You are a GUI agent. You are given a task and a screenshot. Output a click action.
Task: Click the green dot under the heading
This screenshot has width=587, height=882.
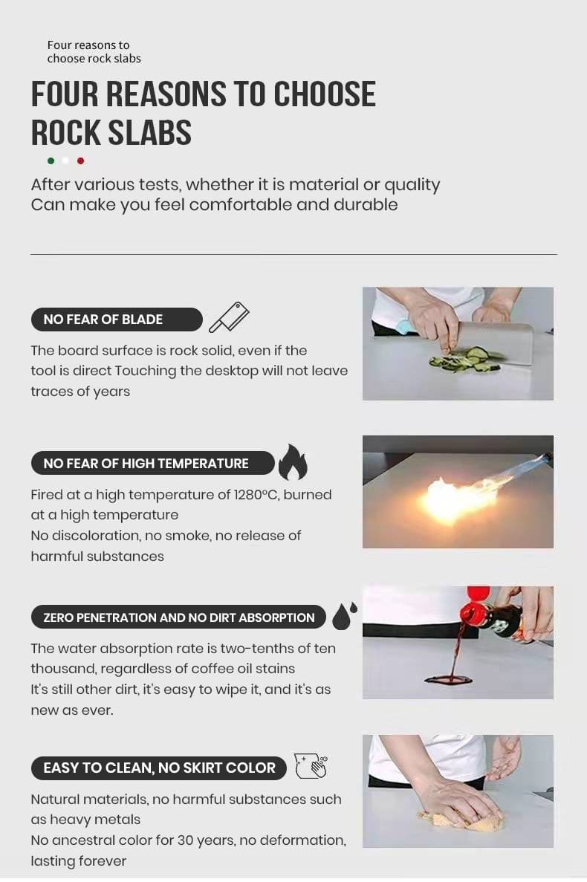point(51,161)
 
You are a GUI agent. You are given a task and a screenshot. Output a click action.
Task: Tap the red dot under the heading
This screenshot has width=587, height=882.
point(80,161)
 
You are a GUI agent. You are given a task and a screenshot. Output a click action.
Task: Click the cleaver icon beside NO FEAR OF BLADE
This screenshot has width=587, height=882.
point(229,317)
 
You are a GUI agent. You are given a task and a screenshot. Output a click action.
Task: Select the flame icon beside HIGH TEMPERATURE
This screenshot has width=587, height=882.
point(292,462)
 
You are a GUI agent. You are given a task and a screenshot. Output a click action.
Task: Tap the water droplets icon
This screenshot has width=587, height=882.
point(344,616)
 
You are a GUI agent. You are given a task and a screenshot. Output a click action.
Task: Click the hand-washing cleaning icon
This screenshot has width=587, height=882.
point(311,766)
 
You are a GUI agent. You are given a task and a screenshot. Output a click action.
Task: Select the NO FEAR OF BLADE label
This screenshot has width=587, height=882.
point(117,320)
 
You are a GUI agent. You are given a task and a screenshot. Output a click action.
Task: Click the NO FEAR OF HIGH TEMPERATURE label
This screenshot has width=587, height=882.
point(152,464)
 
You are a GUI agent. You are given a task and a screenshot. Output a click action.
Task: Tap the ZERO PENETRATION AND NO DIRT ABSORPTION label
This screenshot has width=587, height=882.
point(179,617)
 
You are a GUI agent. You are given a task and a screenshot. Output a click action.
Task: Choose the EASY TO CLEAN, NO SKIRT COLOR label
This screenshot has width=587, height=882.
point(159,768)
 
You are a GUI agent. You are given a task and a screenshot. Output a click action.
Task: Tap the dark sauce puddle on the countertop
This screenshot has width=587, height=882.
point(447,679)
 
